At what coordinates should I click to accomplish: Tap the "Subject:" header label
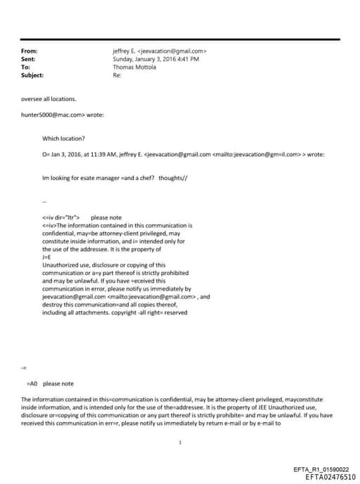32,75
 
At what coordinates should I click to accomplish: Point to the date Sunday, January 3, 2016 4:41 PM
155,59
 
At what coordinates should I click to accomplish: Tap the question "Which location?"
63,139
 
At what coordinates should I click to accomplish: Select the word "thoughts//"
173,178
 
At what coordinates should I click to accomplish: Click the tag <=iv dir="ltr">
61,217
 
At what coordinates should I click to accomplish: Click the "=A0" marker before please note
31,383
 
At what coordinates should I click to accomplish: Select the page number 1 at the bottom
181,442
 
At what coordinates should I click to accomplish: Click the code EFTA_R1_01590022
326,469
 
